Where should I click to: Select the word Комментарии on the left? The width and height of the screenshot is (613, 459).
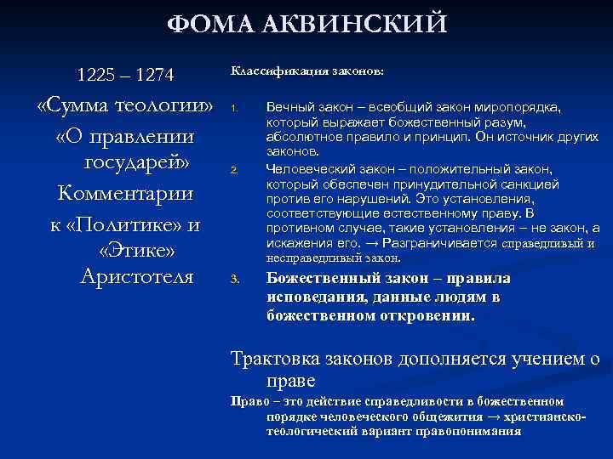point(125,193)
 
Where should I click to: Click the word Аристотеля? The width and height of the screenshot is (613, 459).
point(136,276)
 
